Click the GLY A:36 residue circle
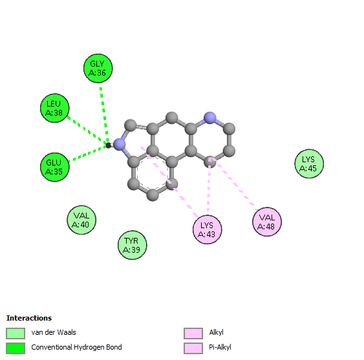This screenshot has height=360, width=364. [98, 69]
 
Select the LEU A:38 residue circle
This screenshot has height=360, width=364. [55, 108]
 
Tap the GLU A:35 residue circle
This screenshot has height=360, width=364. [55, 167]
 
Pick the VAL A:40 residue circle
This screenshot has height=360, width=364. [81, 220]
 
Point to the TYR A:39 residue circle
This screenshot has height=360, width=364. [133, 245]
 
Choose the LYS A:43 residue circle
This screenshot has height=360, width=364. [208, 229]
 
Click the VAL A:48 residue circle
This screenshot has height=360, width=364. [267, 222]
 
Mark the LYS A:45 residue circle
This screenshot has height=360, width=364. [309, 164]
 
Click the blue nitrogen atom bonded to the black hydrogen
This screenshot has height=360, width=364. [120, 145]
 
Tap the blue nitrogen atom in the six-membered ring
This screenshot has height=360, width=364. [210, 118]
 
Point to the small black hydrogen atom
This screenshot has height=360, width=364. [109, 145]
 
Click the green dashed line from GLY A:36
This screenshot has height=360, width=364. [104, 116]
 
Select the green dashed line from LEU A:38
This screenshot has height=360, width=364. [87, 131]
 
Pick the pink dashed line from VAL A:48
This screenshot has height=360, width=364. [234, 184]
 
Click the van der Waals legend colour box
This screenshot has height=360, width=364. [16, 334]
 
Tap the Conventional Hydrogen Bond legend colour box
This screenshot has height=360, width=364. [16, 348]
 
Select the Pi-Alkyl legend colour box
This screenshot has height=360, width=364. [193, 348]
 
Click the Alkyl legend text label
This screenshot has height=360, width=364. [216, 332]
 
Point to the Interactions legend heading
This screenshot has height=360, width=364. [29, 318]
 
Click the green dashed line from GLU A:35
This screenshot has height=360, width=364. [89, 153]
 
